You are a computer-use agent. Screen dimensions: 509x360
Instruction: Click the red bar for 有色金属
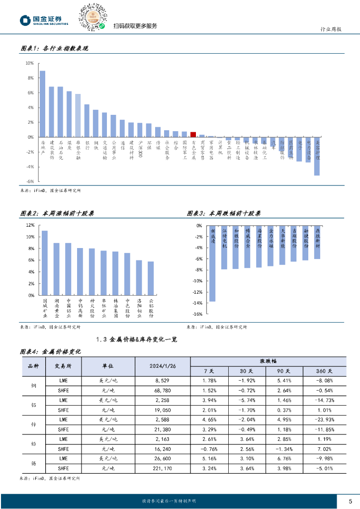[193, 135]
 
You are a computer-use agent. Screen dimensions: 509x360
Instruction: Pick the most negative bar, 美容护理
[317, 156]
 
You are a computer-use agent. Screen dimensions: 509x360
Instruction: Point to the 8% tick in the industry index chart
[29, 78]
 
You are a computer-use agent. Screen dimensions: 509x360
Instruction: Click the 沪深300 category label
[141, 149]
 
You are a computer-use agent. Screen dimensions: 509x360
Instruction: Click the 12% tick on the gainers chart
[30, 225]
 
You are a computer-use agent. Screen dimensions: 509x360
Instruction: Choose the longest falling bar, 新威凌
[212, 263]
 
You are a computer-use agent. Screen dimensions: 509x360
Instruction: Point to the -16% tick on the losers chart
[197, 314]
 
